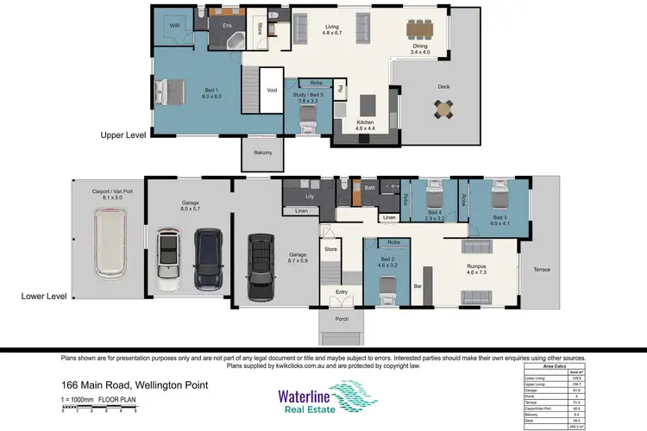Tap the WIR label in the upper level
click(x=174, y=26)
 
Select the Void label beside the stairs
click(x=272, y=89)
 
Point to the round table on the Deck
click(x=443, y=109)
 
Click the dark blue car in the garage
click(x=208, y=259)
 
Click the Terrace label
click(x=541, y=269)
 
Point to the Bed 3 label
click(x=500, y=216)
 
